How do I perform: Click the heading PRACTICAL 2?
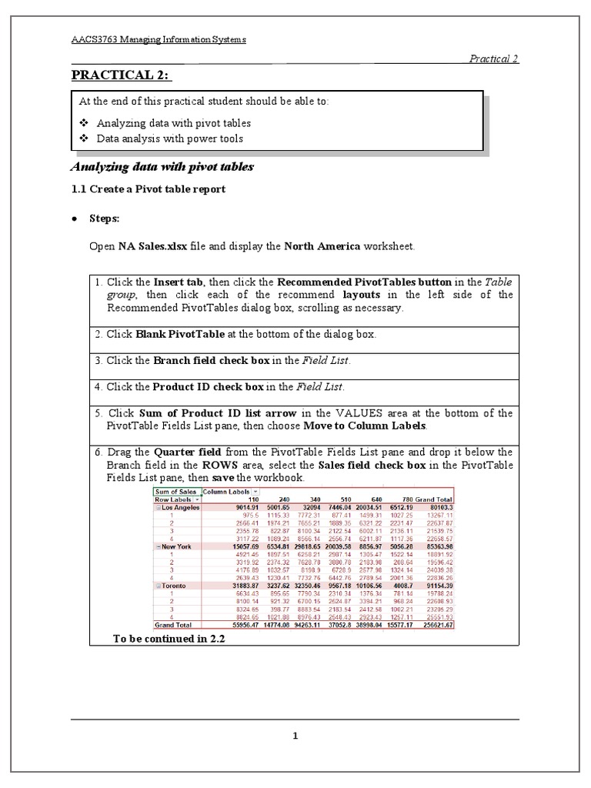(x=122, y=74)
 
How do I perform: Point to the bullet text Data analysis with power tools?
(x=169, y=139)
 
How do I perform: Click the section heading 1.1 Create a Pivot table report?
(x=148, y=189)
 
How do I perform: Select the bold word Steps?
(x=104, y=219)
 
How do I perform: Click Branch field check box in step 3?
(x=204, y=360)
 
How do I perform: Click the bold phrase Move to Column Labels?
(x=364, y=426)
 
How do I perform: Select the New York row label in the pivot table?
(x=176, y=546)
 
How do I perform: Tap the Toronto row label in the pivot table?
(x=174, y=586)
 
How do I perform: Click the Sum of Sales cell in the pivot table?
(x=176, y=491)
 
